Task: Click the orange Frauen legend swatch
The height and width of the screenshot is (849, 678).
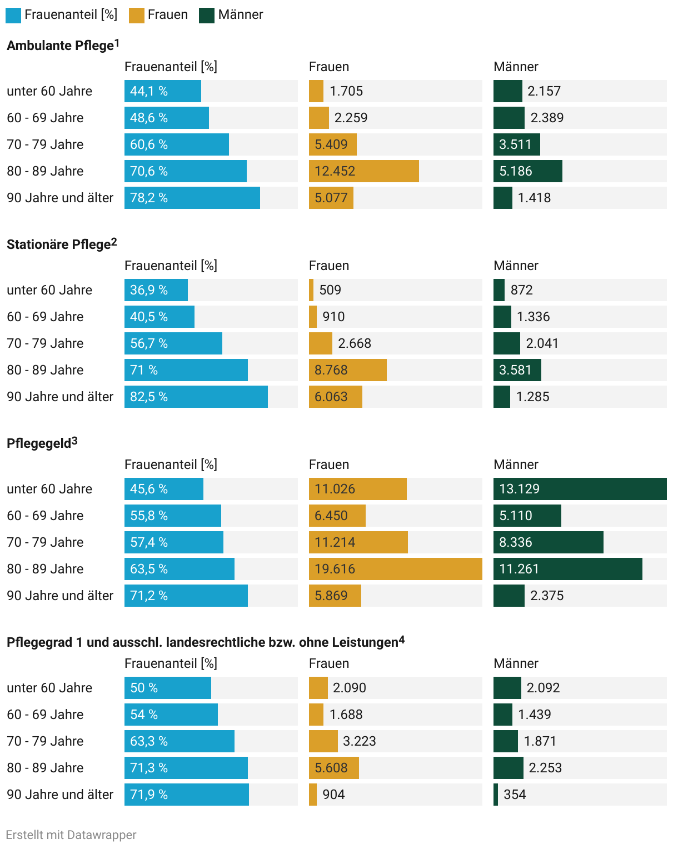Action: tap(136, 15)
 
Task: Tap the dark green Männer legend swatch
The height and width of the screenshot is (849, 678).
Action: tap(207, 15)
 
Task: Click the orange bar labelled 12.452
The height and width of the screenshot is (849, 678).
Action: tap(363, 171)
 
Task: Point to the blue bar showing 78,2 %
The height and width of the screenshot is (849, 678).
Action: tap(192, 198)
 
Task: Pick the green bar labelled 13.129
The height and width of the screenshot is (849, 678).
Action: tap(580, 489)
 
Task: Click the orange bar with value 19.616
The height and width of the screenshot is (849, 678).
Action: tap(395, 569)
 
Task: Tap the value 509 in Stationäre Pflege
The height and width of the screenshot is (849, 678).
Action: tap(330, 290)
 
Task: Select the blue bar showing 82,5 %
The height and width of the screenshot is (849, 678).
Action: tap(196, 397)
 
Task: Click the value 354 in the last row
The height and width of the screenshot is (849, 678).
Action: tap(515, 795)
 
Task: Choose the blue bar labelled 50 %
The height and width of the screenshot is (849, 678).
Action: tap(167, 688)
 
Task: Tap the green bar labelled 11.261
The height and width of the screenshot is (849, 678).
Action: tap(567, 569)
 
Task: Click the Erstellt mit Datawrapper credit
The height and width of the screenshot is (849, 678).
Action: tap(71, 835)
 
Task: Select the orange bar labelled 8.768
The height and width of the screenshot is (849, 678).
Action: tap(347, 370)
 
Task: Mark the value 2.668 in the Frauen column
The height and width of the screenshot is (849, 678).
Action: tap(355, 343)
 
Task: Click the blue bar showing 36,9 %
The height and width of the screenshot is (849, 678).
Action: tap(156, 290)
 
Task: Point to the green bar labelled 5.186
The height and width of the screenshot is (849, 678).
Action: tap(527, 171)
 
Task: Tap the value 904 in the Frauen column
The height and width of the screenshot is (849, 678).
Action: tap(333, 795)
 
